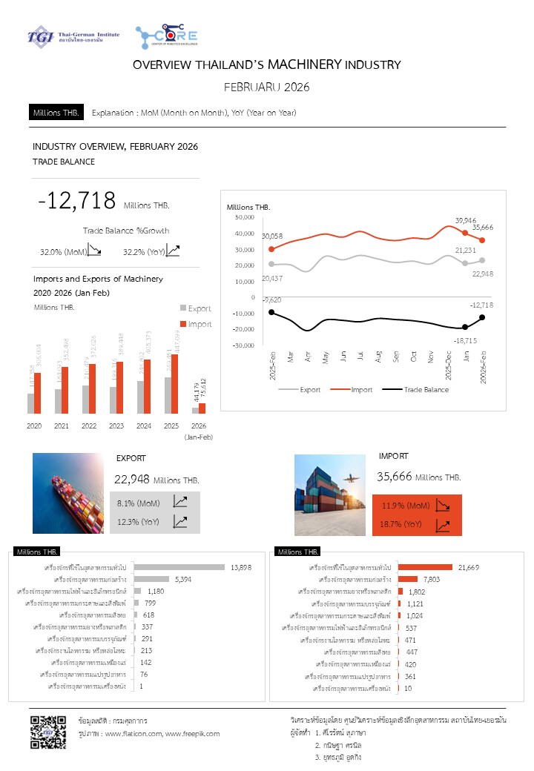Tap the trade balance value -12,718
(x=77, y=201)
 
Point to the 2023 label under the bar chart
(x=116, y=426)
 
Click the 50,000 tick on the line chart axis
(x=245, y=217)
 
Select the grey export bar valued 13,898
(x=179, y=567)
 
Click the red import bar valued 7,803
(x=408, y=579)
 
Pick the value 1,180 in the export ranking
(x=156, y=591)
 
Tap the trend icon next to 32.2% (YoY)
(x=173, y=251)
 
